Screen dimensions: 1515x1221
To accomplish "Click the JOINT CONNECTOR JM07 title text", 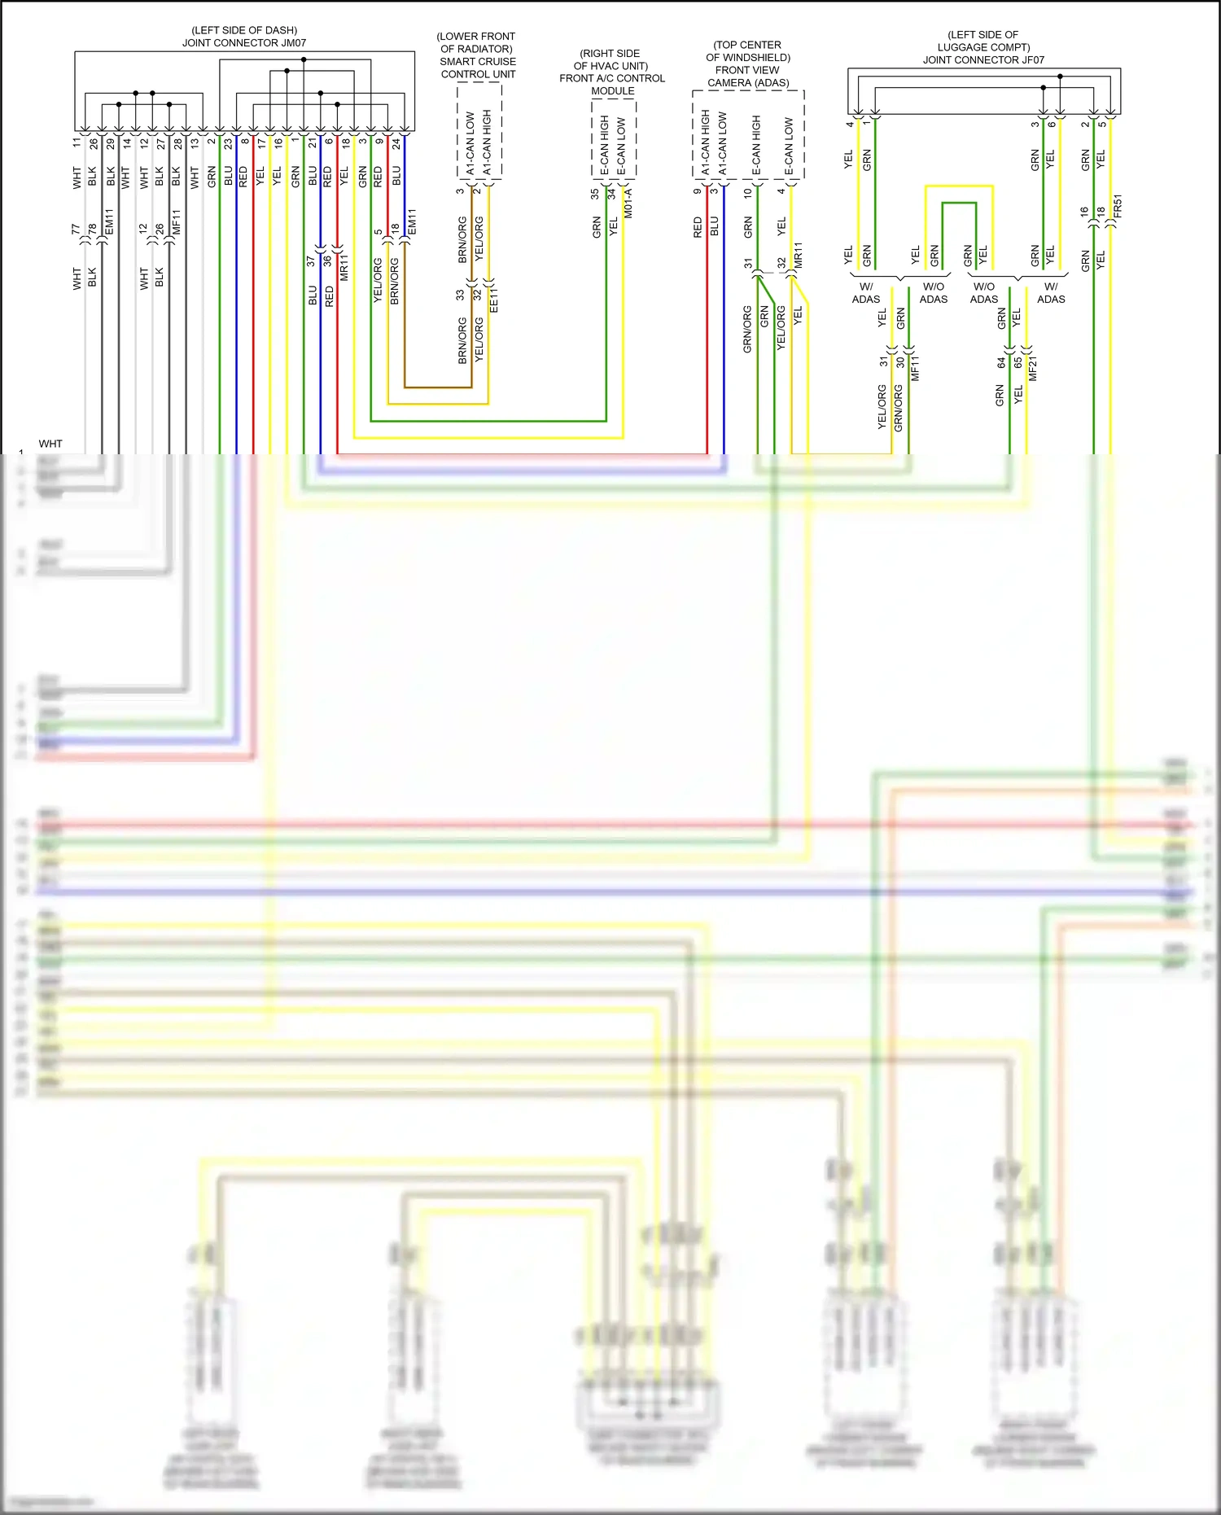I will pos(244,42).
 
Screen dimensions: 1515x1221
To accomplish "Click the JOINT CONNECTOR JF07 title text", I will pos(983,59).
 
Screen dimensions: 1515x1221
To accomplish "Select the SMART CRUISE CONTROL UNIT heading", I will pos(478,68).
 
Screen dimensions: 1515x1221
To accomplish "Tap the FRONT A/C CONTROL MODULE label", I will pos(612,84).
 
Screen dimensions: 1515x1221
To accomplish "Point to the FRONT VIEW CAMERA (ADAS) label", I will pos(748,76).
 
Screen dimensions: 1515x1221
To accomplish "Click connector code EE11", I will pos(493,299).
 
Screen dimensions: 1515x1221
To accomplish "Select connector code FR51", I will pos(1118,205).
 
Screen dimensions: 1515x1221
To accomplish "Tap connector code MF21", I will pos(1033,368).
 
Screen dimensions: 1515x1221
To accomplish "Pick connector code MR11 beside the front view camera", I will pos(798,256).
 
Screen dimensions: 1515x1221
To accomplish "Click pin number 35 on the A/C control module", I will pos(594,194).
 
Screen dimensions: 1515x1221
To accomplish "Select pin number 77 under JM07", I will pos(76,229).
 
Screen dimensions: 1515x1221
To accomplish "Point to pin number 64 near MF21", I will pos(1001,362).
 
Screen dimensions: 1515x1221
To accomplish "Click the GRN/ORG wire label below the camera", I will pos(747,329).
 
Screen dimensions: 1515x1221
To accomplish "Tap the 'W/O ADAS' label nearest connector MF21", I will pos(983,292).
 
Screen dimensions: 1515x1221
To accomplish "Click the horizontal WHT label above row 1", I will pos(50,444).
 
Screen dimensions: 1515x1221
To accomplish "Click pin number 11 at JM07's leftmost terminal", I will pos(77,142).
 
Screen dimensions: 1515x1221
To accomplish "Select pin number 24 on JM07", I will pos(396,142).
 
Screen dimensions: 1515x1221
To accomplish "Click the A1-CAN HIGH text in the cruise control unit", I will pos(487,142).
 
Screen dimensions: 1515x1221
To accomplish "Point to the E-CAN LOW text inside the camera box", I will pos(788,146).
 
